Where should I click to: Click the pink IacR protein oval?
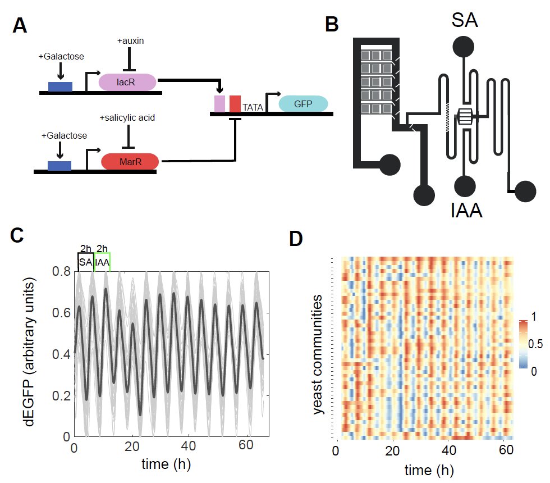click(x=127, y=82)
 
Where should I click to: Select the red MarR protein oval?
click(x=130, y=162)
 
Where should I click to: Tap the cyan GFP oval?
click(x=303, y=103)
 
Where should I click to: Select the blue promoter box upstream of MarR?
click(x=59, y=165)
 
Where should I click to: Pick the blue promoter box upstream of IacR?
click(x=60, y=86)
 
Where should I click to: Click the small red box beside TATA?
click(x=235, y=104)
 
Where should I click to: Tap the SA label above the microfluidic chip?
click(x=465, y=21)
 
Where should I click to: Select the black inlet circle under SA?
click(x=465, y=48)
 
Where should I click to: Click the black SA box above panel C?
click(x=85, y=262)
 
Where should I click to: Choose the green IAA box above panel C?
click(x=102, y=262)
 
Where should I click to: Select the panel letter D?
click(x=296, y=239)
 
